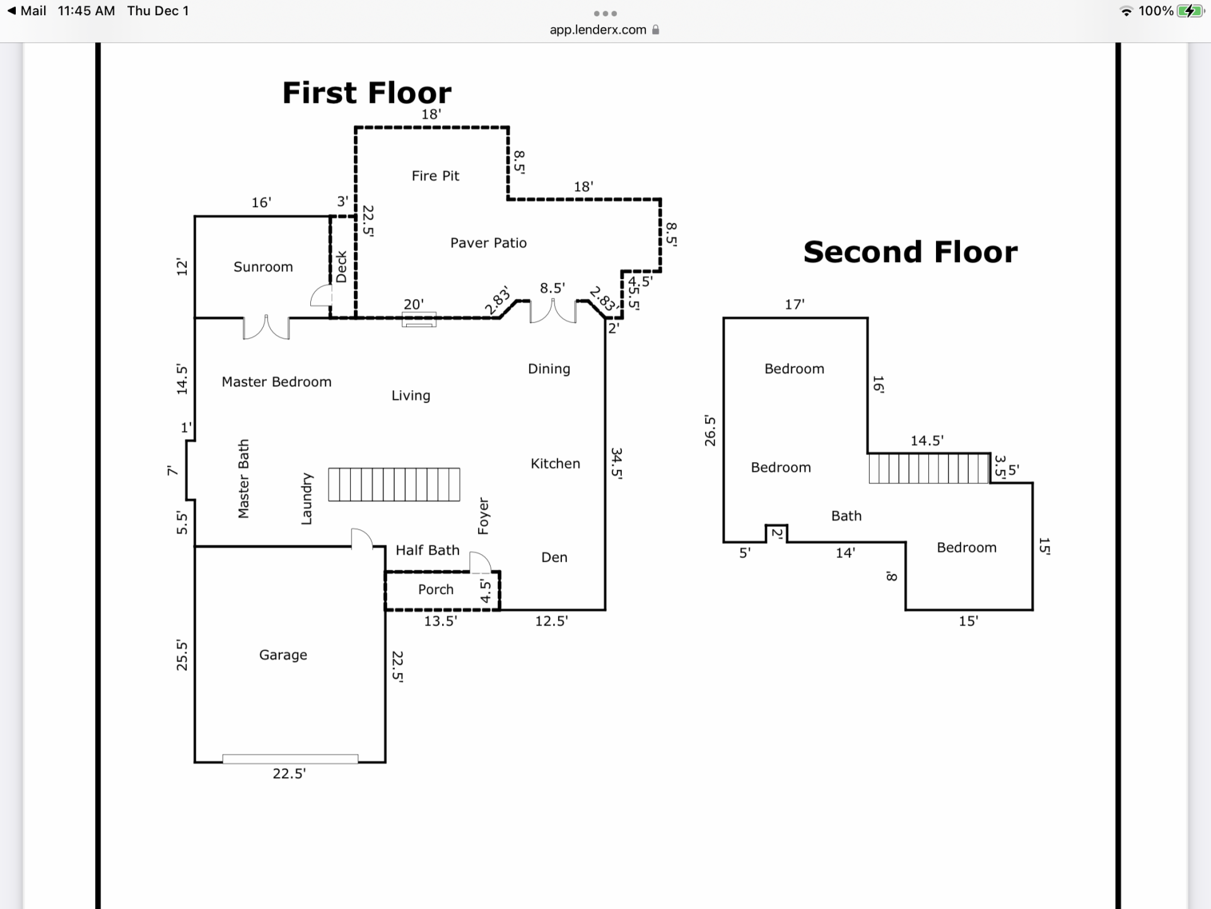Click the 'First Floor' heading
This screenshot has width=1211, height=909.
366,93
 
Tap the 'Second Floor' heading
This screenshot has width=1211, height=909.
910,252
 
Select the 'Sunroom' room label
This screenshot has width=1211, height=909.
263,267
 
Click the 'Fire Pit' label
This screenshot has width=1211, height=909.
435,175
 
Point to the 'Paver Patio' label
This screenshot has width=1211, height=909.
488,243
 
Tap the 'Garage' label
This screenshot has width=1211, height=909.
283,655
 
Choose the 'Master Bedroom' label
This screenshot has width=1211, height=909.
276,382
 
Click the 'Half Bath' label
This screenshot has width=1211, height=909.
428,550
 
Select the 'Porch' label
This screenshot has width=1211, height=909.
436,590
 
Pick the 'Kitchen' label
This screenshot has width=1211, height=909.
555,464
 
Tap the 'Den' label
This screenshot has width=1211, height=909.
554,557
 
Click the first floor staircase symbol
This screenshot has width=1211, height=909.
394,485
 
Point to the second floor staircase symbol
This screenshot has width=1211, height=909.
928,469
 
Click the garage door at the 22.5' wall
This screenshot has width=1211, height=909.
290,759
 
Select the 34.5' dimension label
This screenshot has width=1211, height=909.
617,464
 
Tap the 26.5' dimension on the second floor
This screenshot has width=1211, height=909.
710,431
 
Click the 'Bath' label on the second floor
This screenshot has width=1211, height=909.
846,516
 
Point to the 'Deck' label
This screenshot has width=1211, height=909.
341,267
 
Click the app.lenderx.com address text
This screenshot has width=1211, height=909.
598,30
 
